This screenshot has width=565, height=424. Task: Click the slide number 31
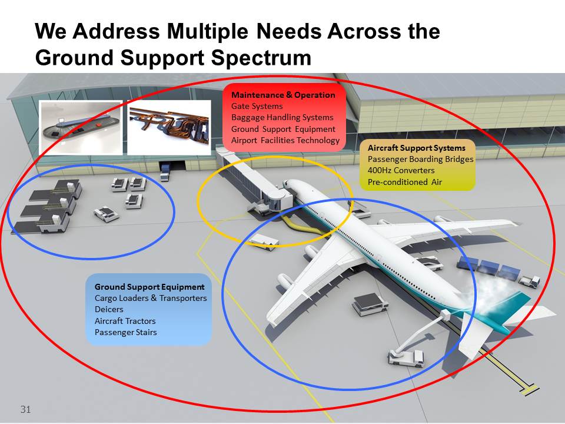[x=25, y=409]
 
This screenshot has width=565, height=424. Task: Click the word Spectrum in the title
[x=261, y=57]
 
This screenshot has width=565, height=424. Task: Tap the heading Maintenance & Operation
[x=283, y=95]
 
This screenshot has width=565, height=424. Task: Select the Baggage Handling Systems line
[x=282, y=118]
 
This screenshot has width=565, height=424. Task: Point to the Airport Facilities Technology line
[x=285, y=140]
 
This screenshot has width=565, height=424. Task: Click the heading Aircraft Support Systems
[x=417, y=148]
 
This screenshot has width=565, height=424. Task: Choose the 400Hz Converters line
[x=401, y=170]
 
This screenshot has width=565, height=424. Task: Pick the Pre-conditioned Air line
[x=405, y=182]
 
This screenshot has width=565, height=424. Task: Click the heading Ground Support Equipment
[x=149, y=287]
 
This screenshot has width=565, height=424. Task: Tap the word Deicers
[x=109, y=309]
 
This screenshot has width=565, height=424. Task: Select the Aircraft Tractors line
[x=125, y=321]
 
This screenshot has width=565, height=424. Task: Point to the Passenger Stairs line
[x=126, y=332]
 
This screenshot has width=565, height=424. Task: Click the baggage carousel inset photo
[x=81, y=128]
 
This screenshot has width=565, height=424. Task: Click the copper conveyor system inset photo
[x=169, y=128]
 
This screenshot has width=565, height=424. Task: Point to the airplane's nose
[x=288, y=184]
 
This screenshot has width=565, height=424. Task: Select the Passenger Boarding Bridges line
[x=420, y=159]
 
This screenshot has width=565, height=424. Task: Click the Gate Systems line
[x=257, y=107]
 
